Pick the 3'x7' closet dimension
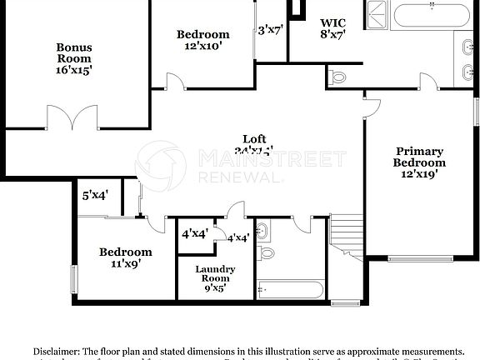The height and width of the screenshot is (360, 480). pyautogui.click(x=271, y=30)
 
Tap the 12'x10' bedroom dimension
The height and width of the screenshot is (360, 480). pyautogui.click(x=202, y=47)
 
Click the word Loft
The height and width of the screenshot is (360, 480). pyautogui.click(x=254, y=139)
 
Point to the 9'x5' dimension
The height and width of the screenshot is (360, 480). pyautogui.click(x=215, y=288)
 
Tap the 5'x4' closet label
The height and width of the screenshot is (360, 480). pyautogui.click(x=95, y=196)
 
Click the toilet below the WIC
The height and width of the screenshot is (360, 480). pyautogui.click(x=337, y=77)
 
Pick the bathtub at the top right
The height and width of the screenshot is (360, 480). pyautogui.click(x=431, y=15)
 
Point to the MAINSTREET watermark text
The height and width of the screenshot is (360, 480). pyautogui.click(x=272, y=159)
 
